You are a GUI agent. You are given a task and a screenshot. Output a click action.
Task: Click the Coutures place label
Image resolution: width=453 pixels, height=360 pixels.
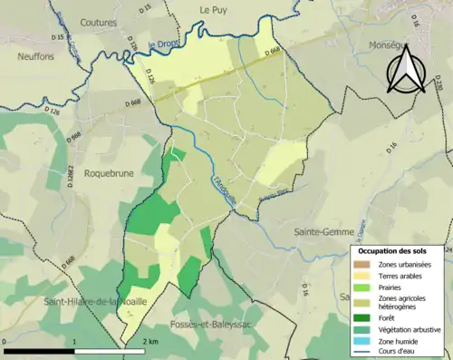(99, 23)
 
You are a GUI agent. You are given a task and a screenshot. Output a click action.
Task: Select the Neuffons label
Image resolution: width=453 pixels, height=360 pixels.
(35, 56)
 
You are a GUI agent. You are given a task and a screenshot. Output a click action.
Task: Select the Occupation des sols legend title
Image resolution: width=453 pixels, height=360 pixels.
(398, 249)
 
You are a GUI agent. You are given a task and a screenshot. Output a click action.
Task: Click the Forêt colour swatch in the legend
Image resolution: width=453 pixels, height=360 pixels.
(368, 316)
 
